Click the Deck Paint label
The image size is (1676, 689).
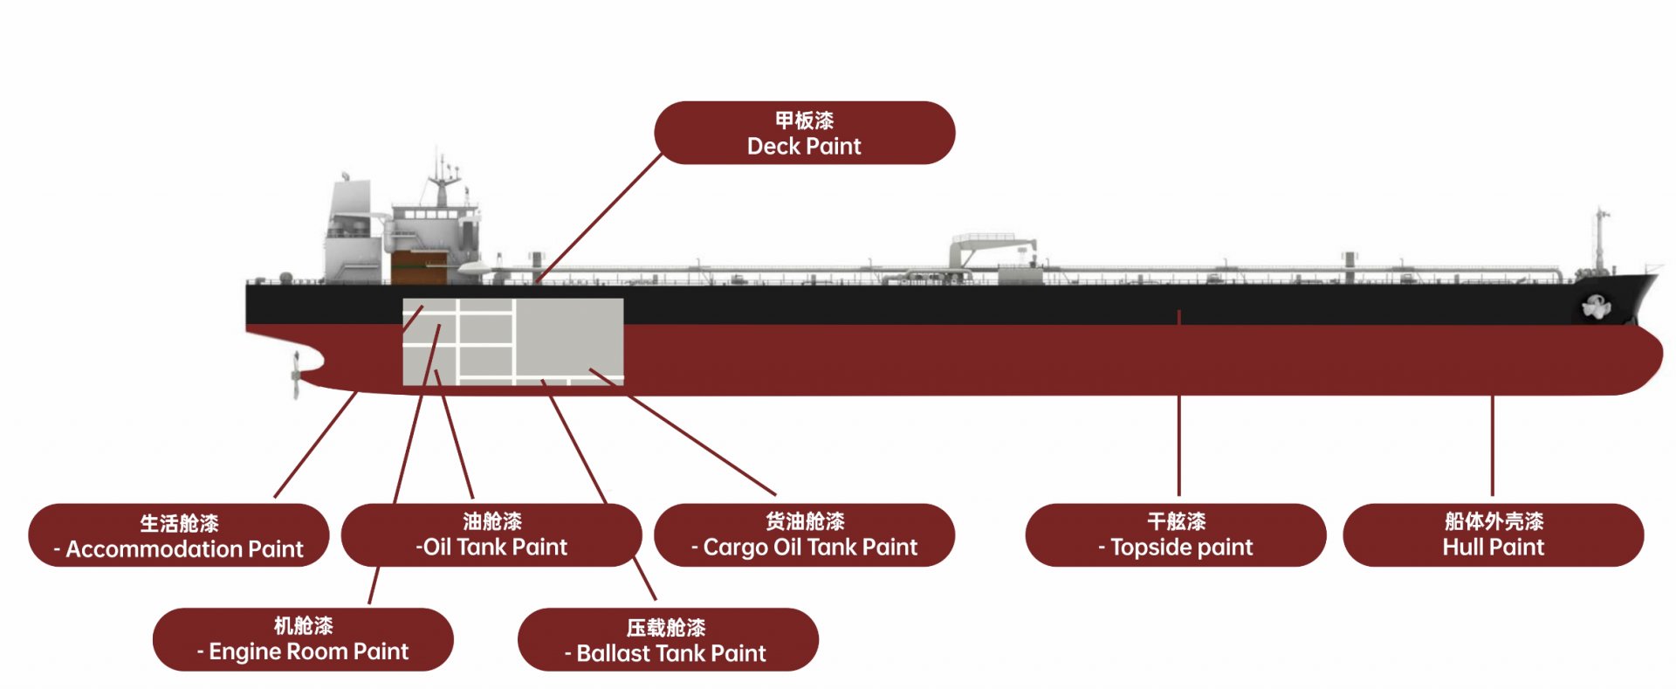(804, 133)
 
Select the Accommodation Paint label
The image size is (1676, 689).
(179, 535)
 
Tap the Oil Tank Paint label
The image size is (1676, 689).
(491, 534)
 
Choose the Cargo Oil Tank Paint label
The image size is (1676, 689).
(804, 534)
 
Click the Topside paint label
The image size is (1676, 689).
(1176, 534)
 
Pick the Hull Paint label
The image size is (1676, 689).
(1493, 534)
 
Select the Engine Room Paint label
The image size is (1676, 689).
(303, 639)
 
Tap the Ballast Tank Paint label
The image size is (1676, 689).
(668, 640)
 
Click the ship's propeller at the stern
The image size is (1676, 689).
(296, 376)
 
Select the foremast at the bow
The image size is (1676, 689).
(1600, 240)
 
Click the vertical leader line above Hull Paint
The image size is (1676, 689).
(1492, 445)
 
